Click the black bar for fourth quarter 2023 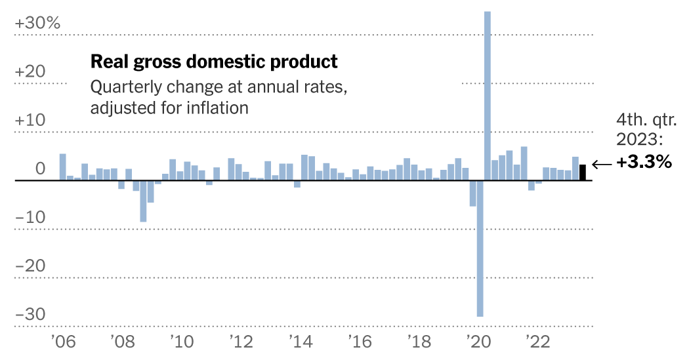[583, 172]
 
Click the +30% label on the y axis [37, 23]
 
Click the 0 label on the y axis [40, 169]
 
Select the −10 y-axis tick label [31, 218]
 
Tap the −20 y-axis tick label [31, 266]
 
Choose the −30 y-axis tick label [31, 315]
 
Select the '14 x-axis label [301, 342]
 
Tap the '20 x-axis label [478, 342]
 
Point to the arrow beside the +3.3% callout [601, 164]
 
